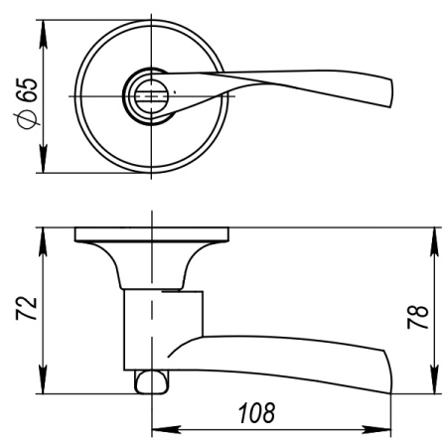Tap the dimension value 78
point(420,315)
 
